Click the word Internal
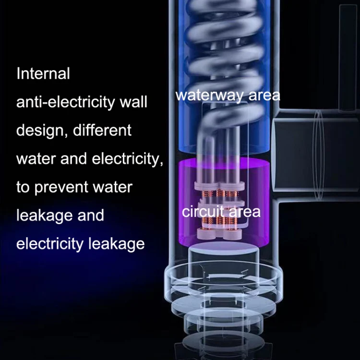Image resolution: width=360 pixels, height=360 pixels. pyautogui.click(x=43, y=73)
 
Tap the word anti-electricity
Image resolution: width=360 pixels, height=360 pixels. pyautogui.click(x=65, y=102)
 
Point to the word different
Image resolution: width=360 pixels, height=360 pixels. pyautogui.click(x=102, y=130)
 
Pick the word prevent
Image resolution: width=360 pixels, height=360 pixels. pyautogui.click(x=60, y=188)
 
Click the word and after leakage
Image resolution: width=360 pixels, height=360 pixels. pyautogui.click(x=91, y=216)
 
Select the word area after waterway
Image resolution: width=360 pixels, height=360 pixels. pyautogui.click(x=264, y=96)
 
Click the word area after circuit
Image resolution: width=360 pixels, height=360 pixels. pyautogui.click(x=245, y=212)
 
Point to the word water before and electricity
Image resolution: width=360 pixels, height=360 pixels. pyautogui.click(x=36, y=159)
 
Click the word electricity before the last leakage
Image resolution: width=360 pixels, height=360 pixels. pyautogui.click(x=50, y=244)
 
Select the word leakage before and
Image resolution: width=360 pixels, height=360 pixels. pyautogui.click(x=44, y=216)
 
